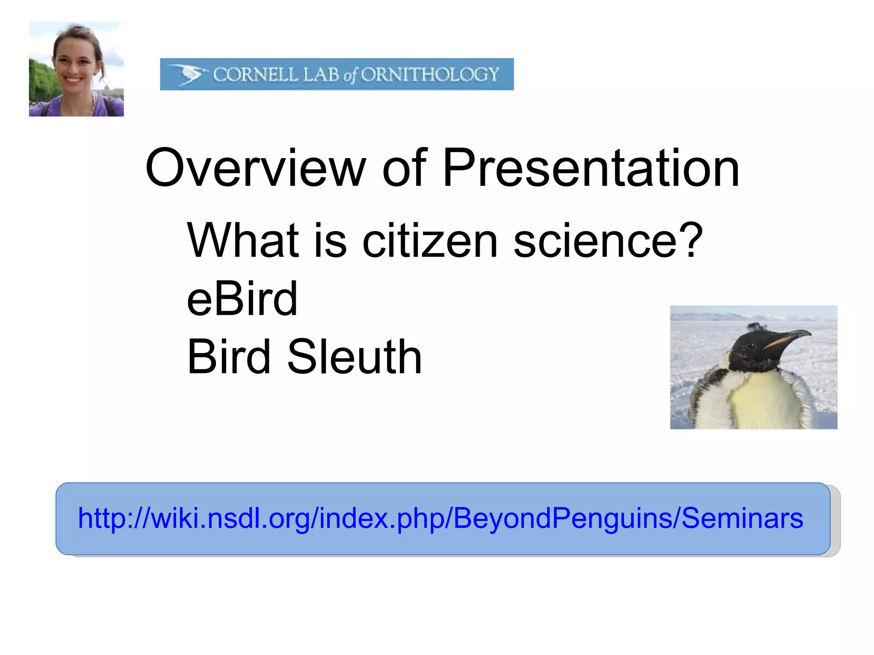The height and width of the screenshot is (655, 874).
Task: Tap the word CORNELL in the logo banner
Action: click(255, 75)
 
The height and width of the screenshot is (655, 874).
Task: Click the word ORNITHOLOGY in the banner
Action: click(430, 75)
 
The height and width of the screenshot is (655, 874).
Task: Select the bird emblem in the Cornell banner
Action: click(188, 74)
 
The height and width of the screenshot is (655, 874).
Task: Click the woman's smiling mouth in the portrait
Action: click(73, 80)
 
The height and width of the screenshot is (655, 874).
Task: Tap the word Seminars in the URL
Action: click(742, 519)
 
